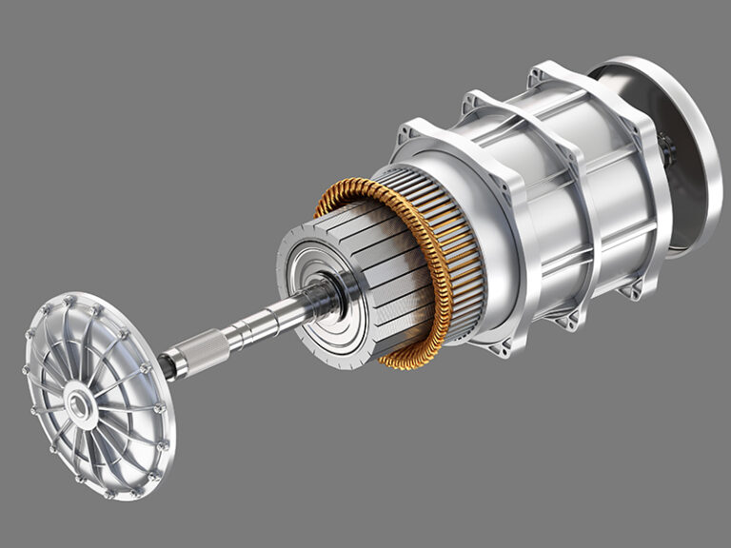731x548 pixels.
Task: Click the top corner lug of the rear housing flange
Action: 545,71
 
